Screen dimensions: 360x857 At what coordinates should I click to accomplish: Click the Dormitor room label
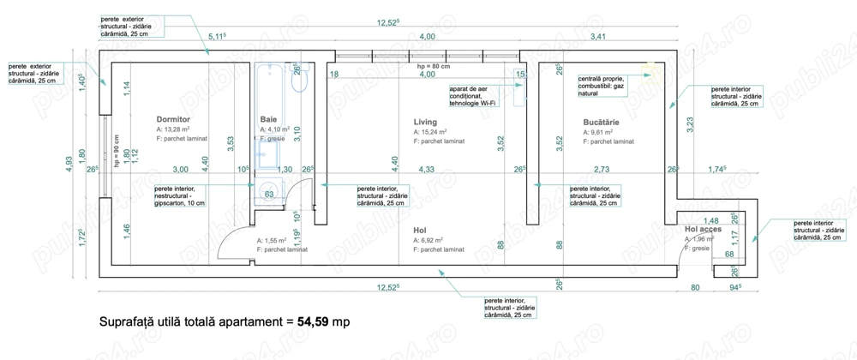172,119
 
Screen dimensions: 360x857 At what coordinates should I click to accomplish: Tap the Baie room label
269,119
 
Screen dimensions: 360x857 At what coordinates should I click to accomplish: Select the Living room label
425,122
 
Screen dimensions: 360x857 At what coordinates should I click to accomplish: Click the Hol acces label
704,230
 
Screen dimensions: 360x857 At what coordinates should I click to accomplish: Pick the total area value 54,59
314,322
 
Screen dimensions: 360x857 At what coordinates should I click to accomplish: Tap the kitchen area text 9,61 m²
597,133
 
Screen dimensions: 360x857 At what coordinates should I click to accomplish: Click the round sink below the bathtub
269,193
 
